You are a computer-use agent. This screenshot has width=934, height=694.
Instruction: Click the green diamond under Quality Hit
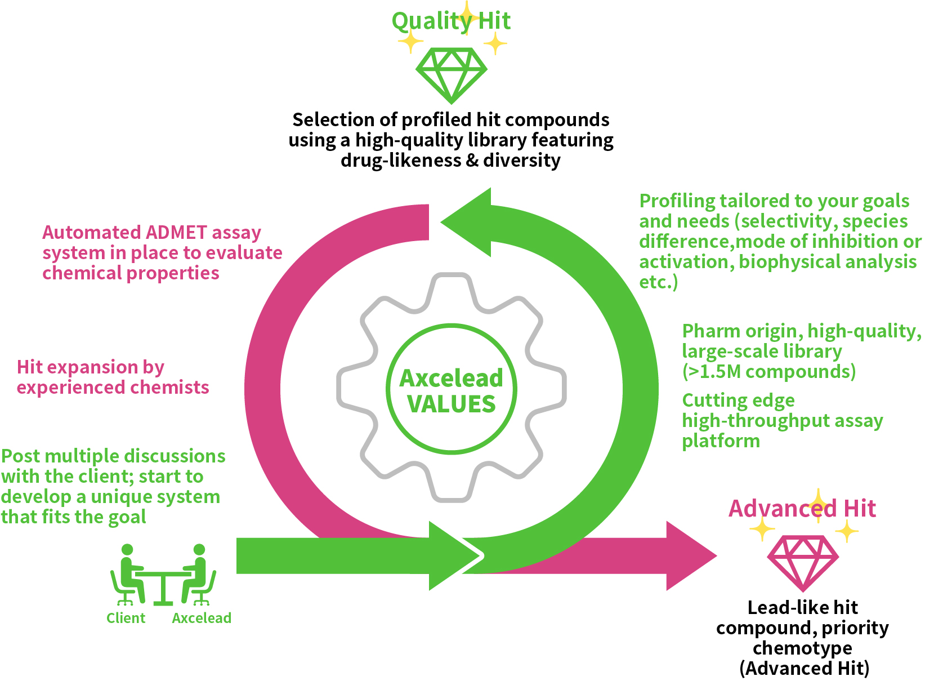pos(451,75)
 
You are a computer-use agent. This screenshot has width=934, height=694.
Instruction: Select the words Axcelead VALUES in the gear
pos(451,391)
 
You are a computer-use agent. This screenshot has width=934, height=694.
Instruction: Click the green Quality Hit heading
pos(451,21)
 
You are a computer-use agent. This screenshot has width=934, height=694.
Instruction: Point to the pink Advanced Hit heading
pos(802,509)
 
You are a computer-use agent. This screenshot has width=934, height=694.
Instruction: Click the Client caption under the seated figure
pos(126,619)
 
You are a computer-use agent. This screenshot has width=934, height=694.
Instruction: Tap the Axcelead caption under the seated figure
pos(202,619)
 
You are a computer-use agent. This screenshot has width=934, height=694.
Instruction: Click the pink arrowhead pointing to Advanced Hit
pos(690,556)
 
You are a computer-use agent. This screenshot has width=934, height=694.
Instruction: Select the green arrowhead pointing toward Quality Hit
pos(467,223)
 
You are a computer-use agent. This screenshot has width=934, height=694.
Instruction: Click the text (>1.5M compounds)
pos(768,372)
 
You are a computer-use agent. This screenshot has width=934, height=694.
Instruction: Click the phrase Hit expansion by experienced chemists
pos(113,377)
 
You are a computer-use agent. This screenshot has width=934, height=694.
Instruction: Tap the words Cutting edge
pos(738,401)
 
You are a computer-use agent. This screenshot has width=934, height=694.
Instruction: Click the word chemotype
pos(802,648)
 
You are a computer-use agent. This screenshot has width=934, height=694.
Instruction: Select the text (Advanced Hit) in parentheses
pos(804,669)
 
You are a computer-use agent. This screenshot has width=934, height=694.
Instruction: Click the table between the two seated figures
pos(163,586)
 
